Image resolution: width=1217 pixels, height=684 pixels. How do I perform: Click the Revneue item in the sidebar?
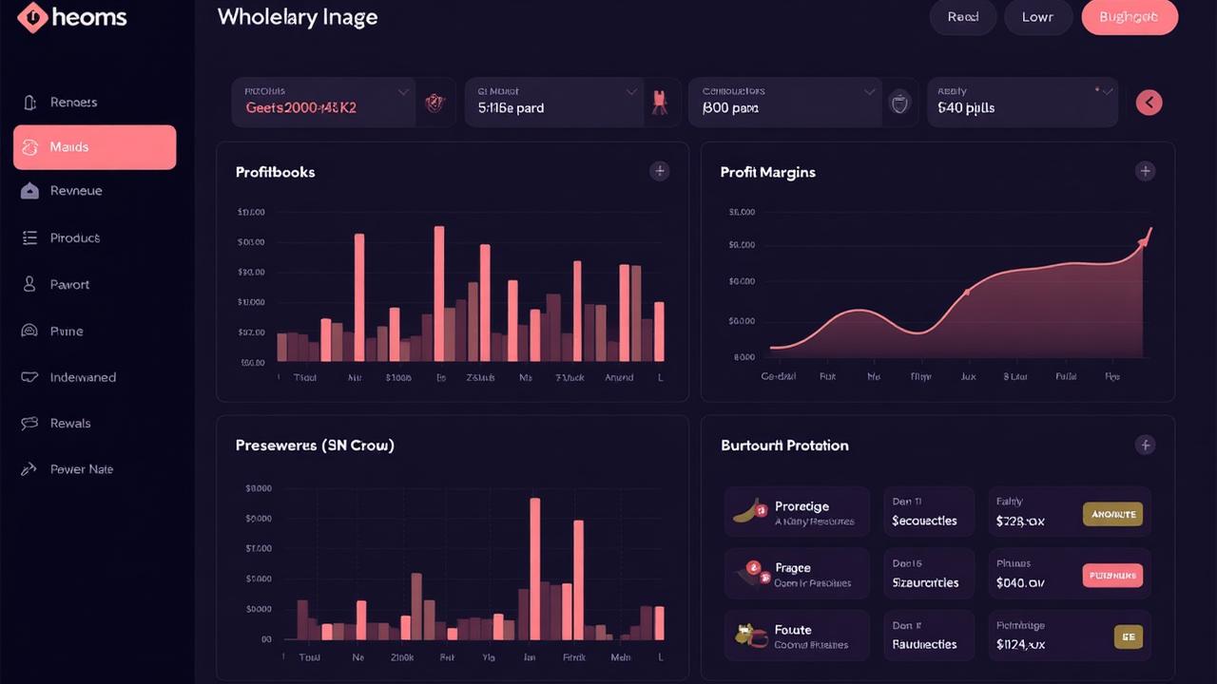(x=76, y=191)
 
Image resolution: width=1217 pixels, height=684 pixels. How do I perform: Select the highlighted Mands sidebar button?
(x=94, y=147)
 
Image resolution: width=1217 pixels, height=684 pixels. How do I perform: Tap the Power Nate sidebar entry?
(x=81, y=469)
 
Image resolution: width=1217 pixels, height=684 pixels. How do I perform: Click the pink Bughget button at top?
(x=1130, y=17)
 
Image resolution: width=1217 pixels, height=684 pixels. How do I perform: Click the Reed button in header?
(x=962, y=17)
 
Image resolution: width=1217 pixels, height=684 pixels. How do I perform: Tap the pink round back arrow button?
(x=1149, y=103)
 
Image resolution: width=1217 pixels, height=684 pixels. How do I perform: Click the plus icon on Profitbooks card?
(x=659, y=171)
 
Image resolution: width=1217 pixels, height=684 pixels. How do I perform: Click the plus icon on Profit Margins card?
(x=1145, y=171)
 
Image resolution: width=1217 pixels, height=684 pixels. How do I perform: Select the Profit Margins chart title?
(x=767, y=172)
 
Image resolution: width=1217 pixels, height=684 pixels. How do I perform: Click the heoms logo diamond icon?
(x=32, y=17)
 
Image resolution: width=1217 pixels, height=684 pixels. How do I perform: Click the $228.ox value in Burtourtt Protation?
(x=1020, y=521)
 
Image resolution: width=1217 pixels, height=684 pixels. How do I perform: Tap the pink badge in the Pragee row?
(x=1112, y=575)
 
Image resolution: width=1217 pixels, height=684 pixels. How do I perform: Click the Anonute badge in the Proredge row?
(x=1112, y=514)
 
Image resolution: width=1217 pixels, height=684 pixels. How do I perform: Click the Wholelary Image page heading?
(x=297, y=17)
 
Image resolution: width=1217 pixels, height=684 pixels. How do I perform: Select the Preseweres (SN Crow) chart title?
(x=315, y=445)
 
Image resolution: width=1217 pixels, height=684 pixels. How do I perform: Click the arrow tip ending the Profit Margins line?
(x=1149, y=231)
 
